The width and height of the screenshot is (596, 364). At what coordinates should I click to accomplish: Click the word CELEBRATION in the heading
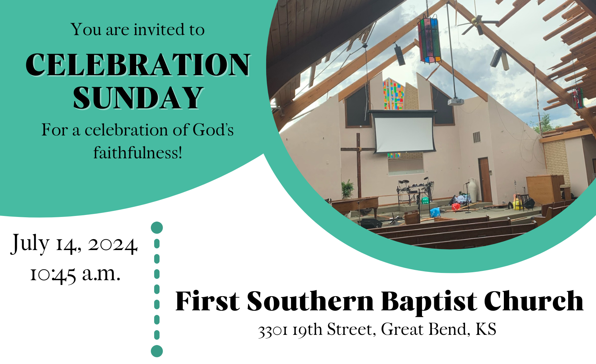(138, 65)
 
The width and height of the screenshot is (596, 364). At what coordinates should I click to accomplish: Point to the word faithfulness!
(138, 153)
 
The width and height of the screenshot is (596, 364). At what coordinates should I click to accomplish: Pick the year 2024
(112, 245)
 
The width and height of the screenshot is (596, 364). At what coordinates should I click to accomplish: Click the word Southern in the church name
(311, 301)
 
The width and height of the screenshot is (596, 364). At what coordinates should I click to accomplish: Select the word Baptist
(429, 302)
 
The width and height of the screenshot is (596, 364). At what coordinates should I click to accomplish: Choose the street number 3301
(273, 331)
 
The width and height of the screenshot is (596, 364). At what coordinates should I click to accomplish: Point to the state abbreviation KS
(486, 329)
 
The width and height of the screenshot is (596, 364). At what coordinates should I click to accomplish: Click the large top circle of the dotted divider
(157, 228)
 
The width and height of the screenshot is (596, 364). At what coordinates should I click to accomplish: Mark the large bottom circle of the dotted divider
(157, 351)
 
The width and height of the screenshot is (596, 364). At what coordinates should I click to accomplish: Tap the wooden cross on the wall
(358, 164)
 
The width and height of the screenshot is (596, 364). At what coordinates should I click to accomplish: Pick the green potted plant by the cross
(348, 189)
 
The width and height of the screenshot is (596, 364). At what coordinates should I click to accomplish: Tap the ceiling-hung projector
(456, 101)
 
